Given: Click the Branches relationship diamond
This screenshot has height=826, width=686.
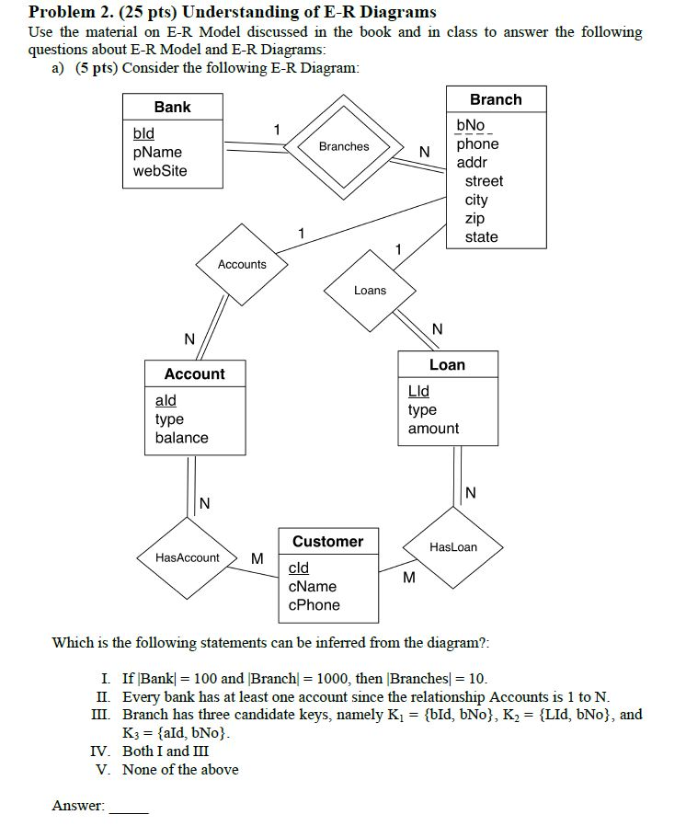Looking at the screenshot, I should click(x=344, y=146).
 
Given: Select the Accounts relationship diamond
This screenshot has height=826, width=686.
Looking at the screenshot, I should click(x=242, y=264).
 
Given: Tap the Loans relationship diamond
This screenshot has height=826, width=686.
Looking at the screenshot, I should click(x=370, y=290).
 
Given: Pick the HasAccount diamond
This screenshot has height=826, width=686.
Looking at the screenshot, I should click(x=188, y=557).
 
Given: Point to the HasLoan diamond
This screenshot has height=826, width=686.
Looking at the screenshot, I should click(x=453, y=546).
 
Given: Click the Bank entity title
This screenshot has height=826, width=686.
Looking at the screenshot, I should click(x=172, y=107).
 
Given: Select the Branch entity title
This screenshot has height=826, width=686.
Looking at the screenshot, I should click(x=495, y=99).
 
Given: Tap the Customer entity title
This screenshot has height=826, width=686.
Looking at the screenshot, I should click(x=327, y=541).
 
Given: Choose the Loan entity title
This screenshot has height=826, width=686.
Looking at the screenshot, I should click(x=447, y=364).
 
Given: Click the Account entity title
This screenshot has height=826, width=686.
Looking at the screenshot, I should click(x=194, y=373).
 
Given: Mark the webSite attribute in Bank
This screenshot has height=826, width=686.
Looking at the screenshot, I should click(x=160, y=170).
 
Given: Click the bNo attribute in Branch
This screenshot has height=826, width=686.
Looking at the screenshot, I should click(x=470, y=124).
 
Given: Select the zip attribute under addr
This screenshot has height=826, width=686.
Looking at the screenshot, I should click(x=474, y=218).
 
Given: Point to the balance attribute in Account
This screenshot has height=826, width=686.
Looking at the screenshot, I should click(x=181, y=438).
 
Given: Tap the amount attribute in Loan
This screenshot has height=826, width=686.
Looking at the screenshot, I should click(x=433, y=429).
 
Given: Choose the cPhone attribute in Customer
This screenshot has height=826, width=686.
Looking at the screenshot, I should click(x=314, y=605).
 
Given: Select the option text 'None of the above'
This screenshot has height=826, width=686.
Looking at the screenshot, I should click(x=180, y=770).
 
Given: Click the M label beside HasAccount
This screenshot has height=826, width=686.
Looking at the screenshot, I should click(x=257, y=558).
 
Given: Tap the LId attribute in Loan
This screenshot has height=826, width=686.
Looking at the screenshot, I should click(x=418, y=391).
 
